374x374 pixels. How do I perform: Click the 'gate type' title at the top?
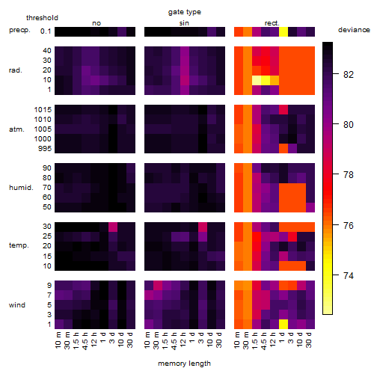[x=185, y=12]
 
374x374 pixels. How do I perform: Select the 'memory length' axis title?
[x=184, y=364]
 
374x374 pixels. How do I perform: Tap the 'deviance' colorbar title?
[x=354, y=30]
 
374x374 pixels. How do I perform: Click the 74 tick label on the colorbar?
[x=349, y=275]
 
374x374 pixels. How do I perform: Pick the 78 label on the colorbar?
[x=349, y=175]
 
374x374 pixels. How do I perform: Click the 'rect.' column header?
[x=272, y=23]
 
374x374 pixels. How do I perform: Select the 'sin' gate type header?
[x=184, y=23]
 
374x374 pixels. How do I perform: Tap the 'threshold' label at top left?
[x=42, y=18]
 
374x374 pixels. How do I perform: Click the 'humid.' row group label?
[x=21, y=188]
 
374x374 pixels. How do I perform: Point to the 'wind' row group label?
[x=17, y=305]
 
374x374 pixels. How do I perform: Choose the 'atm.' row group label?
[x=16, y=129]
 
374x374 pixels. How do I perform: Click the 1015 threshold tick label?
[x=43, y=110]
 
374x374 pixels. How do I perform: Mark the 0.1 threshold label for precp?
[x=46, y=31]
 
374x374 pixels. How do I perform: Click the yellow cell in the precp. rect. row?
[x=283, y=31]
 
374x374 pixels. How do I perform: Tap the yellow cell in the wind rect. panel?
[x=283, y=324]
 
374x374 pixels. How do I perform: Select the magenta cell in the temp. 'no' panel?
[x=113, y=227]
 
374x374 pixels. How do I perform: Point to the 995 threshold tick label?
[x=45, y=149]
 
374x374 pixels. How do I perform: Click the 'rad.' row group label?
[x=16, y=70]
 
